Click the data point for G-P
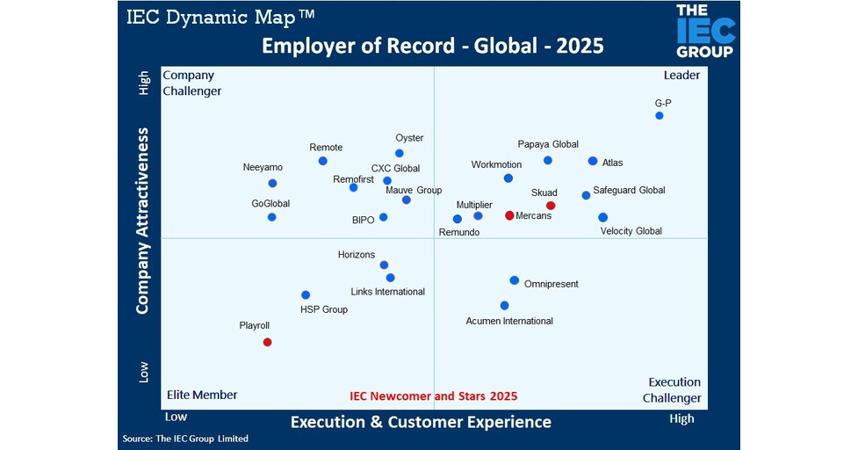pyautogui.click(x=659, y=115)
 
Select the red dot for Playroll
pyautogui.click(x=267, y=342)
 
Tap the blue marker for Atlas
pyautogui.click(x=593, y=161)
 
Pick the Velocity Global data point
pyautogui.click(x=602, y=217)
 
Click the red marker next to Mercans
pyautogui.click(x=509, y=215)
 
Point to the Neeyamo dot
pyautogui.click(x=272, y=183)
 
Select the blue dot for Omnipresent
pyautogui.click(x=514, y=280)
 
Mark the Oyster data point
pyautogui.click(x=400, y=153)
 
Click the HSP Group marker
pyautogui.click(x=306, y=295)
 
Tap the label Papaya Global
pyautogui.click(x=548, y=144)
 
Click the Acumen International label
pyautogui.click(x=509, y=321)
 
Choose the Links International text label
pyautogui.click(x=387, y=292)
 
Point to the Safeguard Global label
pyautogui.click(x=629, y=190)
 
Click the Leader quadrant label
pyautogui.click(x=681, y=76)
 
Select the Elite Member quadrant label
pyautogui.click(x=202, y=395)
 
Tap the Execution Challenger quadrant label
pyautogui.click(x=674, y=390)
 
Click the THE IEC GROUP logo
pyautogui.click(x=704, y=31)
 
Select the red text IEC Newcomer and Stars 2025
pyautogui.click(x=433, y=396)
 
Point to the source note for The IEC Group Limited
pyautogui.click(x=185, y=439)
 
